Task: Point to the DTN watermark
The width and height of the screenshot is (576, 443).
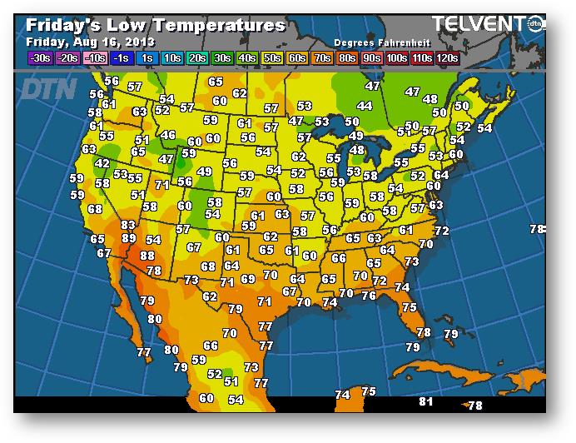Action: coord(47,88)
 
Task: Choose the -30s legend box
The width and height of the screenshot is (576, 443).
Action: coord(39,58)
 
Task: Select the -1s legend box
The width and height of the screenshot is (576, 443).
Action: coord(121,58)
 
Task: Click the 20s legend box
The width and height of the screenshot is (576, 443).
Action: coord(197,58)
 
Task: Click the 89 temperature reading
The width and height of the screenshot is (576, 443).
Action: coord(129,238)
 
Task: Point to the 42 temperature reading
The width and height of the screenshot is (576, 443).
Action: coord(102,164)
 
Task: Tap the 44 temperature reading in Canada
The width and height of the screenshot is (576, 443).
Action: coord(365,107)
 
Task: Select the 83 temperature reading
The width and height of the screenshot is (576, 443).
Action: coord(128,225)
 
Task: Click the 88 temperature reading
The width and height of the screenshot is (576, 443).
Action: coord(147,256)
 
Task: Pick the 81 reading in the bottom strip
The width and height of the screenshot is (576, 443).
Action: coord(426,401)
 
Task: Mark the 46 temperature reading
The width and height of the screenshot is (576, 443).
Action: coord(169,135)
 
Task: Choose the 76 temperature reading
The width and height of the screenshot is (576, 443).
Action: coord(369,296)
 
